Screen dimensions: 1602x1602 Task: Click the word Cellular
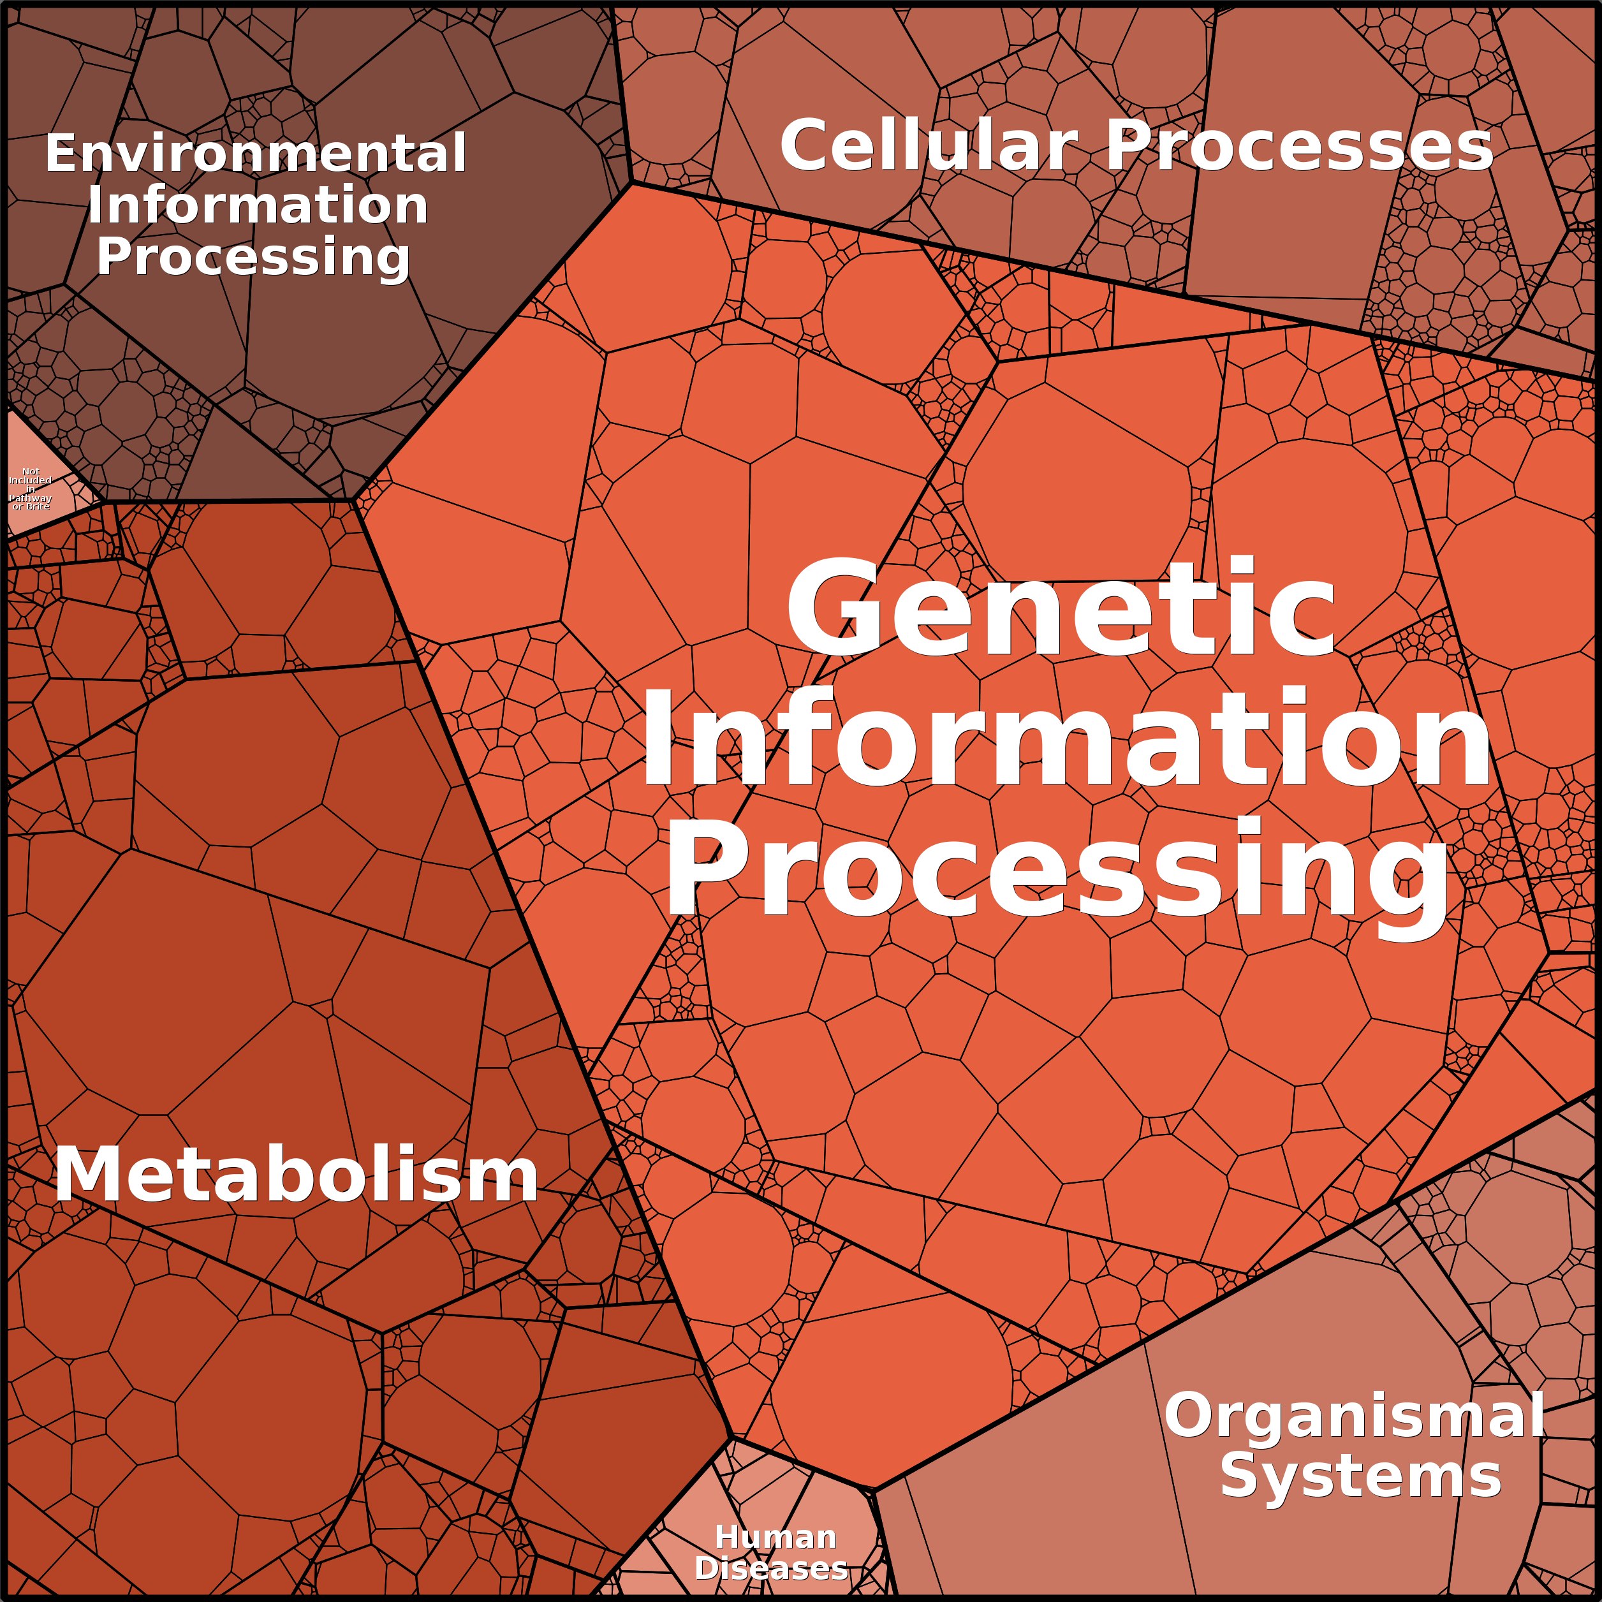pyautogui.click(x=929, y=146)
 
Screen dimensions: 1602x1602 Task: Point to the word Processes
pyautogui.click(x=1299, y=146)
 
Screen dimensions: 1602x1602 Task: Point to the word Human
pyautogui.click(x=775, y=1538)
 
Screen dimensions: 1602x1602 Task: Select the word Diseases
pyautogui.click(x=771, y=1568)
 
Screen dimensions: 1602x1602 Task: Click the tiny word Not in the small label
pyautogui.click(x=31, y=471)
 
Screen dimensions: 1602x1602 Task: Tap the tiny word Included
pyautogui.click(x=31, y=480)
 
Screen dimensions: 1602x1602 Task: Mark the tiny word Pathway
pyautogui.click(x=31, y=498)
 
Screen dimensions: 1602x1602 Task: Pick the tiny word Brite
pyautogui.click(x=38, y=506)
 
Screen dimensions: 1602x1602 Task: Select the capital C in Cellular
pyautogui.click(x=809, y=146)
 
